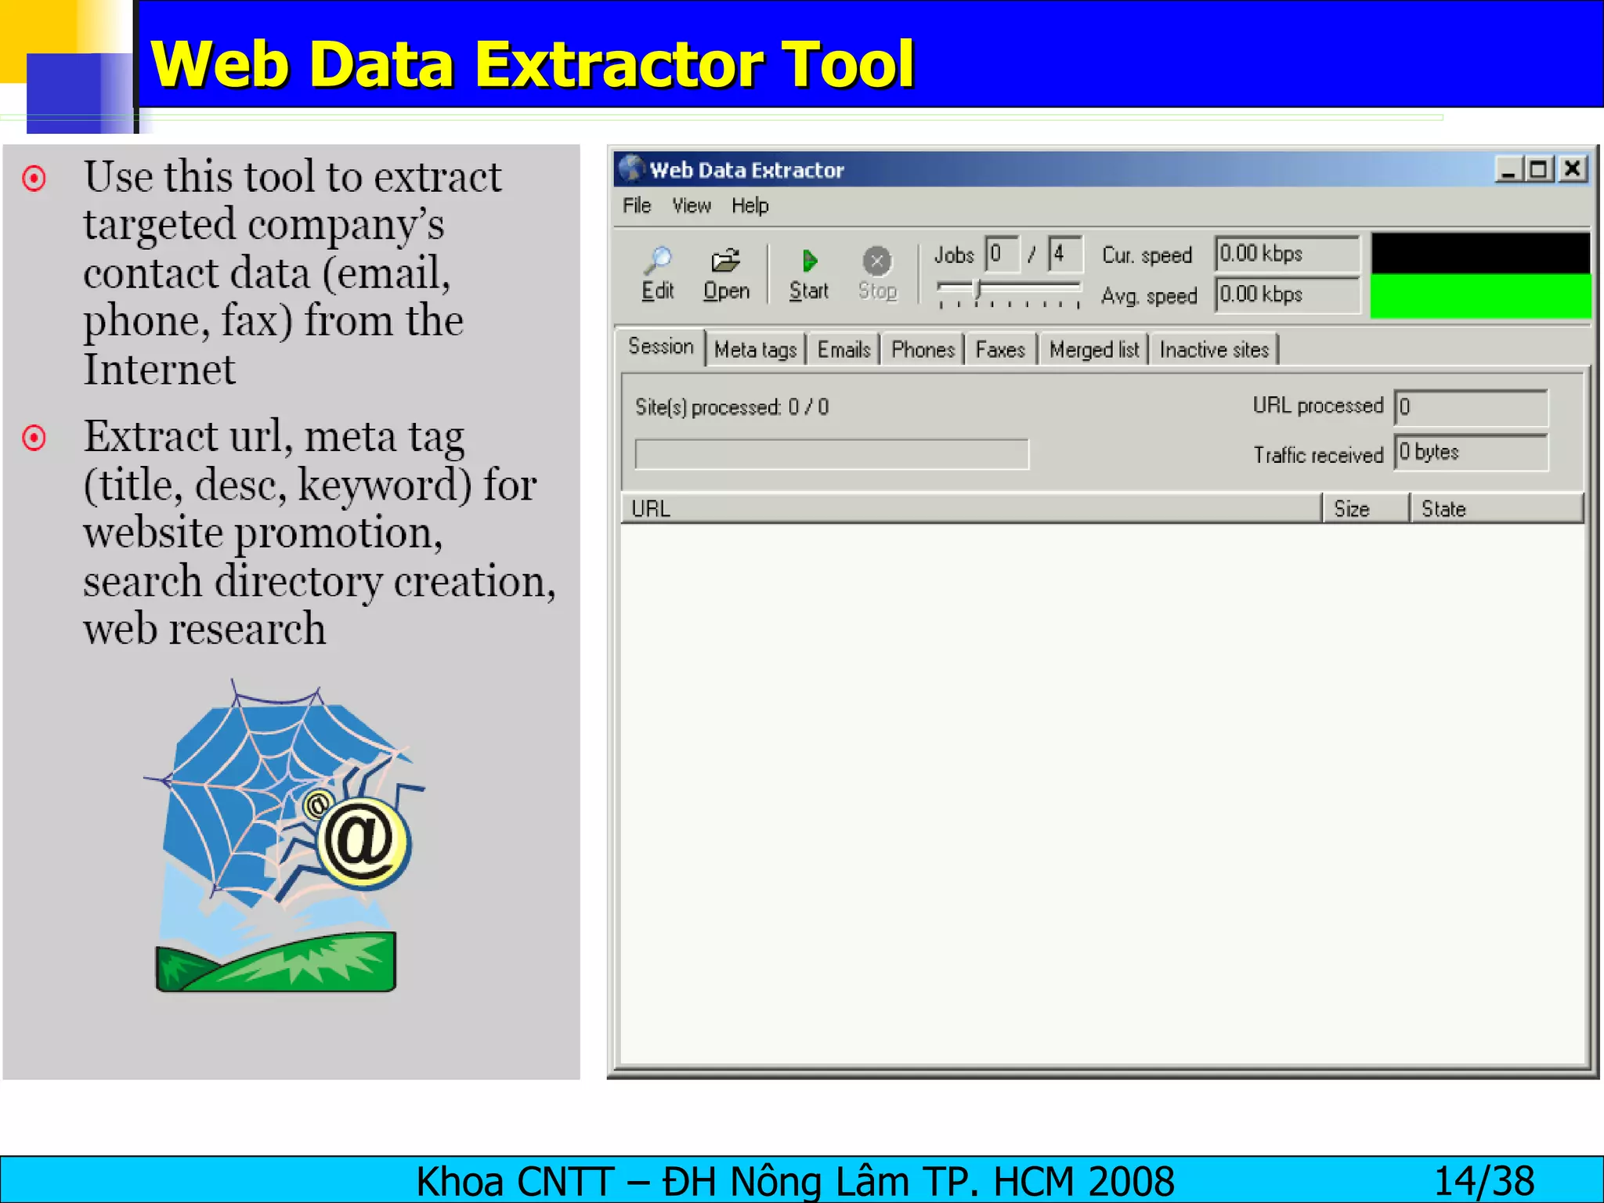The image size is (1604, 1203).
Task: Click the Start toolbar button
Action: pyautogui.click(x=808, y=274)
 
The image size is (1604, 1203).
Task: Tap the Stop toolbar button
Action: pyautogui.click(x=877, y=274)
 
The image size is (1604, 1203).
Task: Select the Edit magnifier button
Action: pyautogui.click(x=658, y=274)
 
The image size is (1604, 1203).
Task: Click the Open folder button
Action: pyautogui.click(x=726, y=274)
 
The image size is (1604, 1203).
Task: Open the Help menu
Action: pyautogui.click(x=750, y=206)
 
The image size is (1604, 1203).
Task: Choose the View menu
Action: pyautogui.click(x=691, y=206)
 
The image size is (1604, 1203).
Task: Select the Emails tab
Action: pyautogui.click(x=844, y=350)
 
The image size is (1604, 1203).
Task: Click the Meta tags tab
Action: pyautogui.click(x=755, y=350)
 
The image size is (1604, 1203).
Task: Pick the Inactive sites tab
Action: pyautogui.click(x=1214, y=350)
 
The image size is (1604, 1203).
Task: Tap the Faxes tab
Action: pyautogui.click(x=1000, y=350)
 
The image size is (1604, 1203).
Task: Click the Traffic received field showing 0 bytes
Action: pyautogui.click(x=1470, y=453)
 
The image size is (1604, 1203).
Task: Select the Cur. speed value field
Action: pyautogui.click(x=1286, y=254)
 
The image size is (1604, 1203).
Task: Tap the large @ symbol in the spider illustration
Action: pyautogui.click(x=362, y=842)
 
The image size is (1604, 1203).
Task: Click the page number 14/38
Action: pyautogui.click(x=1483, y=1181)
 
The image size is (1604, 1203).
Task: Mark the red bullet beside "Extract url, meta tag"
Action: pyautogui.click(x=34, y=438)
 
